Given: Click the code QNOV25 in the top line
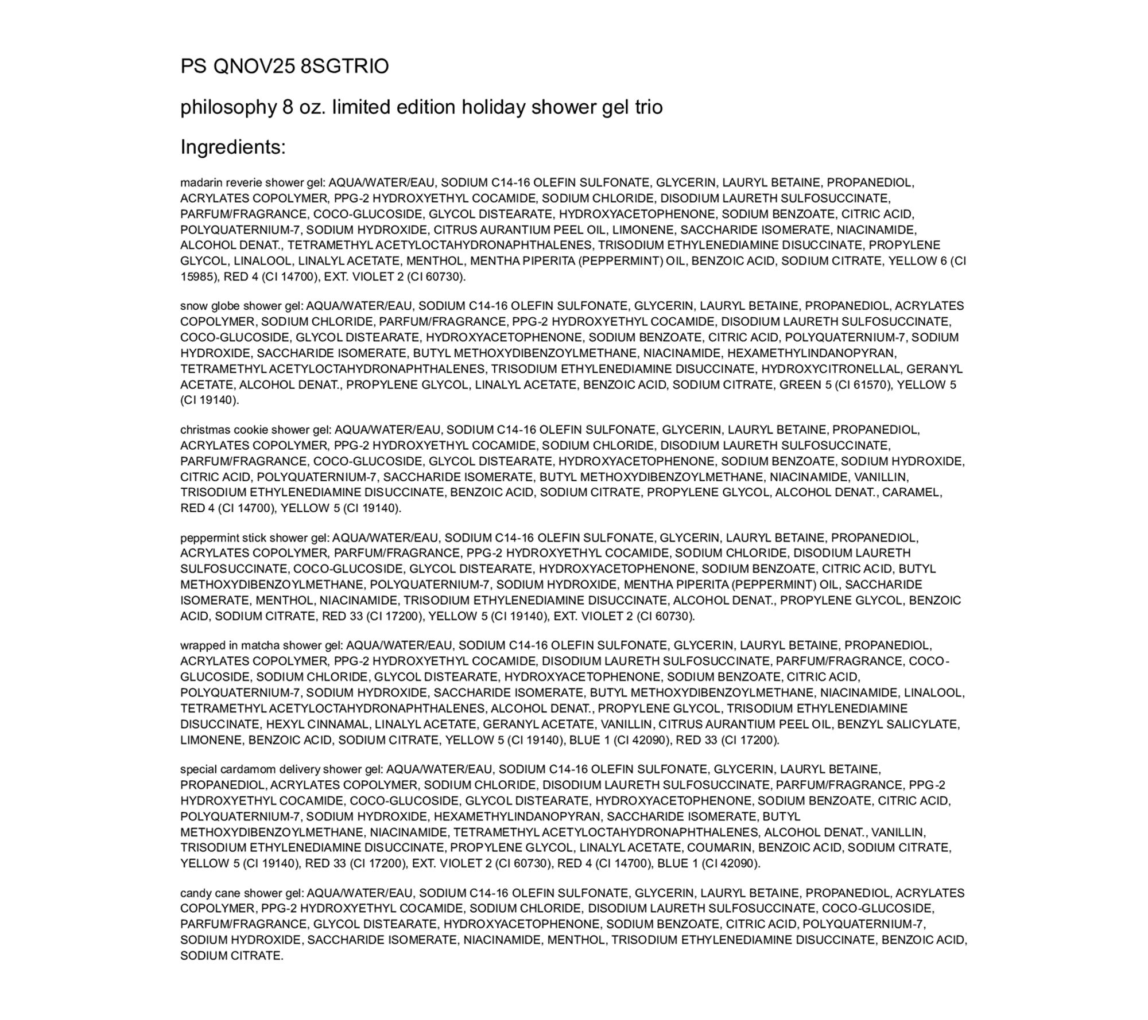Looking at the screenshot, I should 254,67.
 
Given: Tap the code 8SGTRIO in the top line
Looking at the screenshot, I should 344,67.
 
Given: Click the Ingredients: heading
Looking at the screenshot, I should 233,147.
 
